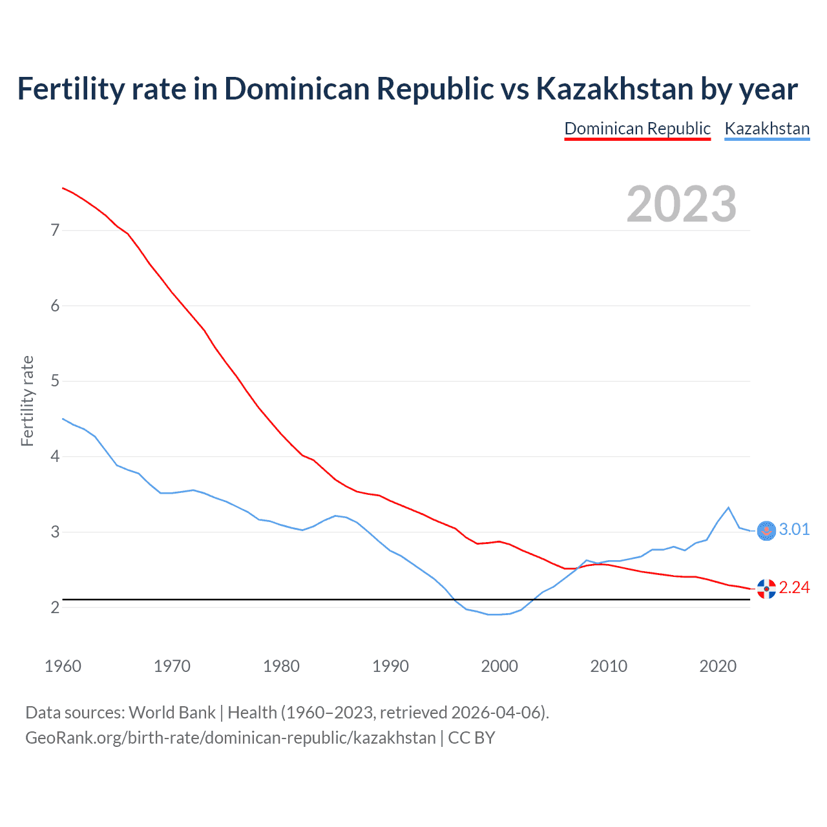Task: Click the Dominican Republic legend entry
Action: coord(637,129)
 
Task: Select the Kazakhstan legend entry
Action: coord(767,129)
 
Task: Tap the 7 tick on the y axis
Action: coord(55,230)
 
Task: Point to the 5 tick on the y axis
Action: coord(55,381)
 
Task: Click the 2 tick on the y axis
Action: coord(55,607)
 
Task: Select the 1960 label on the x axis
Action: coord(63,666)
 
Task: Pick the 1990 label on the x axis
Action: coord(390,666)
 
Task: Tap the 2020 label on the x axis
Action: coord(718,666)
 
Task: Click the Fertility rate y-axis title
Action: coord(27,401)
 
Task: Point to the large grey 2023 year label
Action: coord(681,204)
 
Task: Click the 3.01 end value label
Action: coord(794,530)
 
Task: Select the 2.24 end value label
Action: coord(794,587)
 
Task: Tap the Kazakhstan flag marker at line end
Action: coord(766,530)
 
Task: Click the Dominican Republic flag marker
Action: coord(766,589)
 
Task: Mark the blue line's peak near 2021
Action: coord(729,507)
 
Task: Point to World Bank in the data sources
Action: coord(172,713)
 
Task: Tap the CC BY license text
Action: coord(472,738)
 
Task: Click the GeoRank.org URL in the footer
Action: coord(230,738)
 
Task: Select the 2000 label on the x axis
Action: coord(499,666)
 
